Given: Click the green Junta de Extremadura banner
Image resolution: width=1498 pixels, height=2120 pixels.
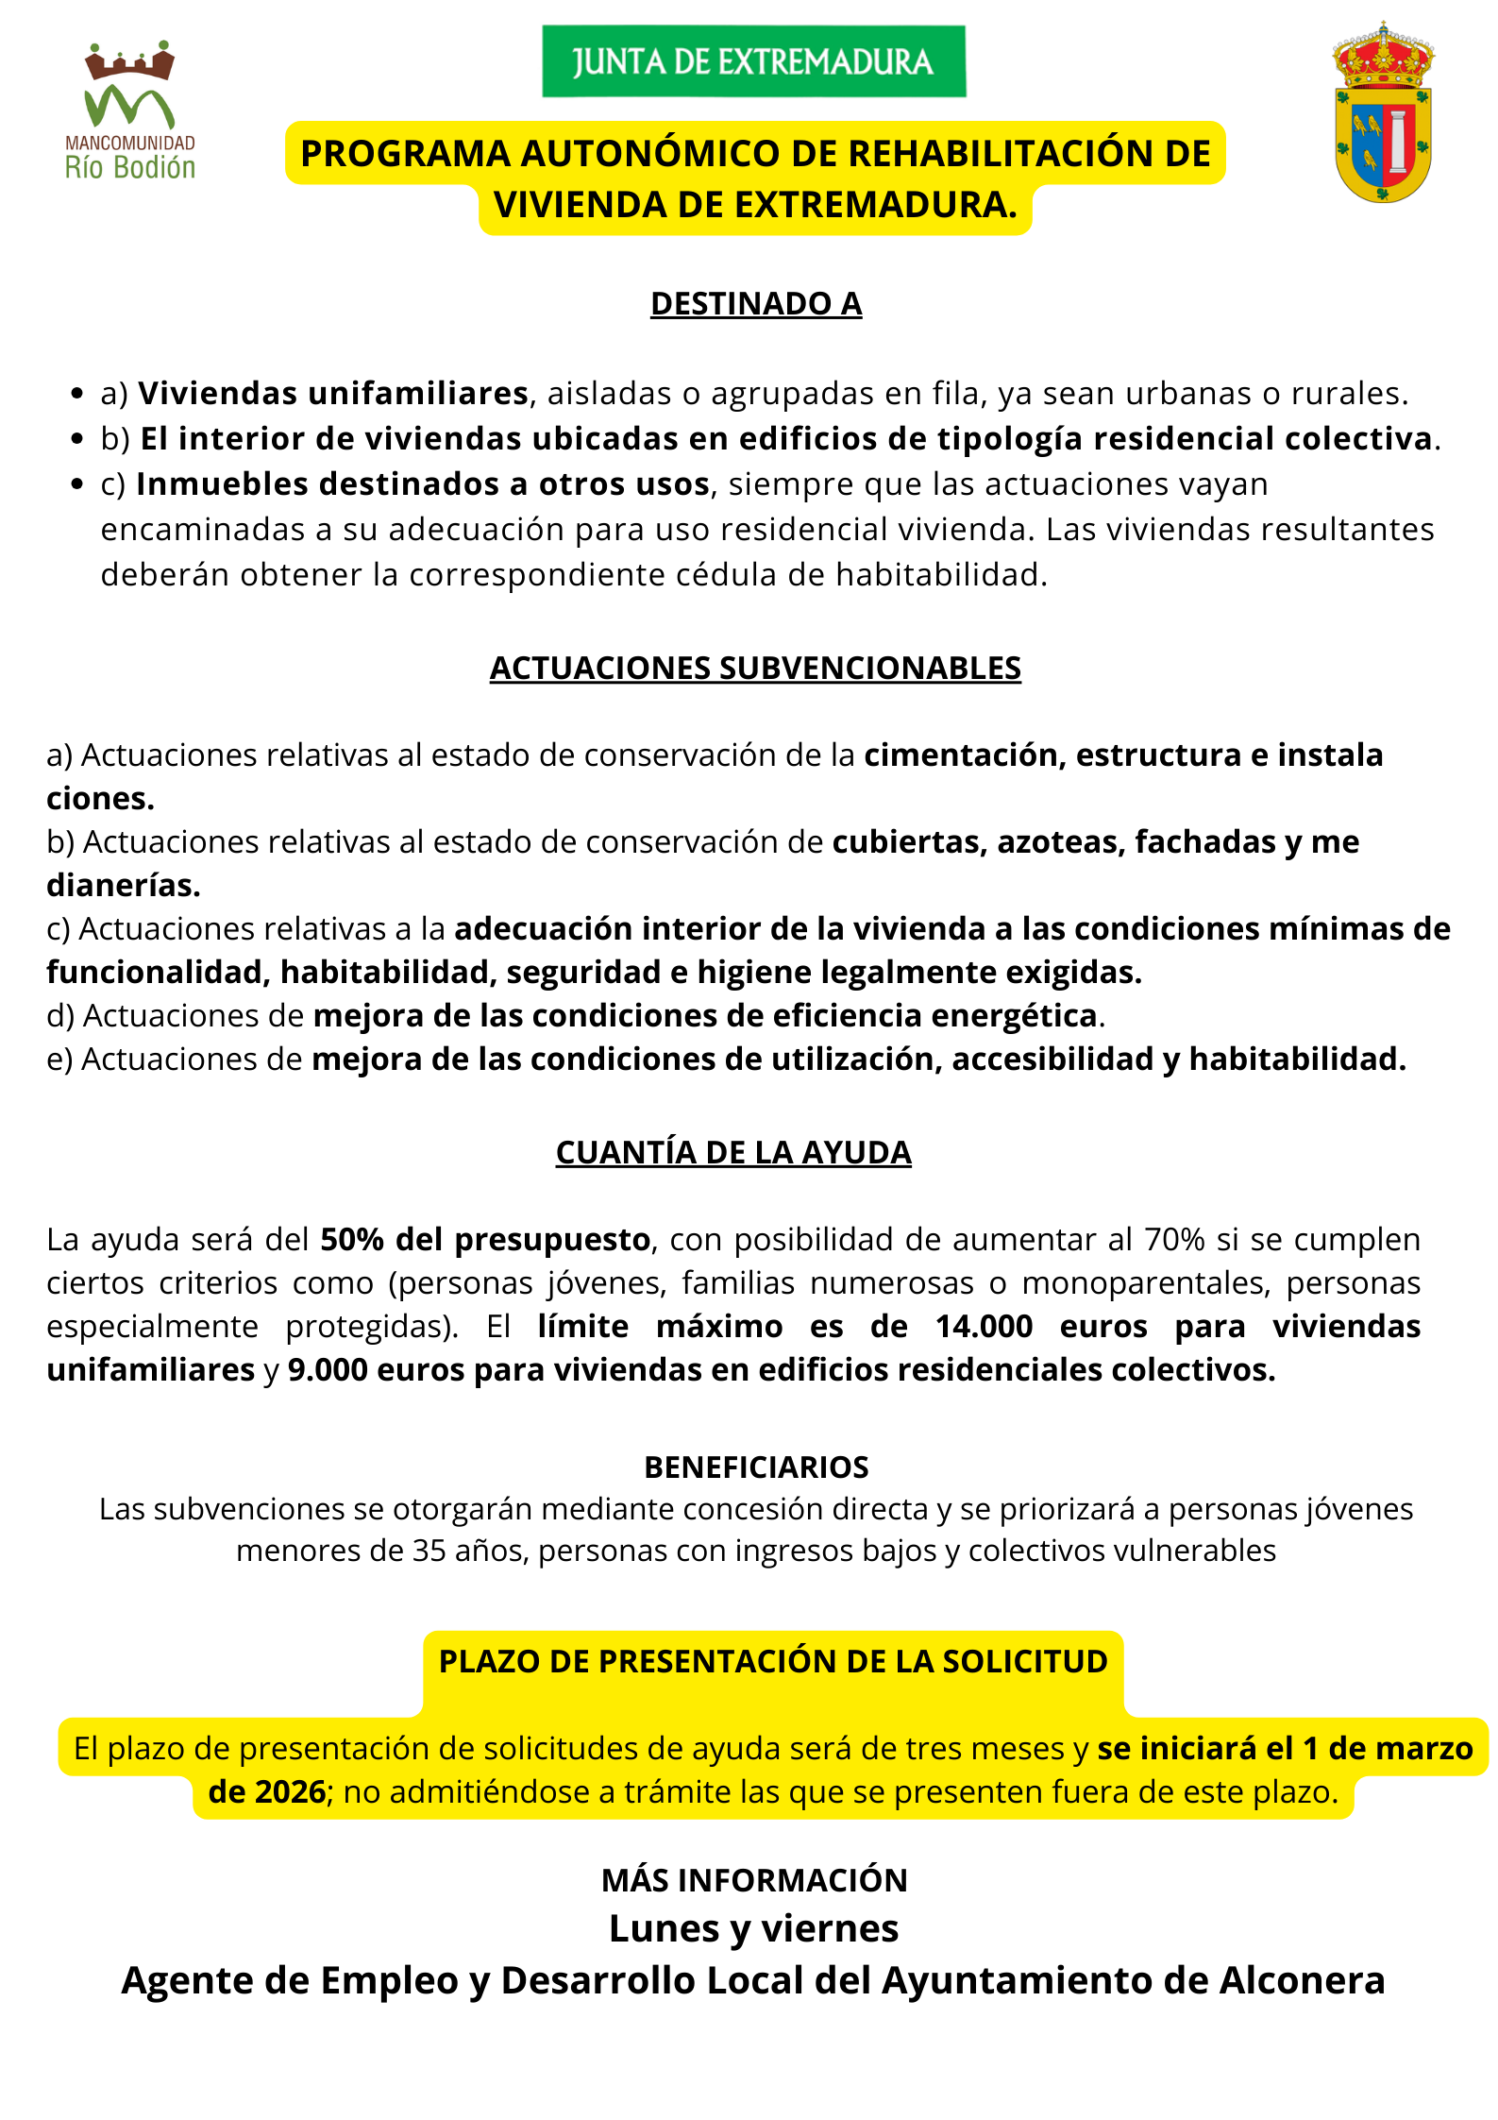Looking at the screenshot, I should pyautogui.click(x=753, y=61).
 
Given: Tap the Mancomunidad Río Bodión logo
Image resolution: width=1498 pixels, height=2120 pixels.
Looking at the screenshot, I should pyautogui.click(x=130, y=110).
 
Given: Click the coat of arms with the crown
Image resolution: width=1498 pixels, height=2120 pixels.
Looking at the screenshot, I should pyautogui.click(x=1383, y=113).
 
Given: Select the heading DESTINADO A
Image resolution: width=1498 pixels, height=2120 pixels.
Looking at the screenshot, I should pyautogui.click(x=756, y=304).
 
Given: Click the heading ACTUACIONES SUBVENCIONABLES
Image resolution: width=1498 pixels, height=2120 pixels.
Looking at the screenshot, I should pyautogui.click(x=755, y=668).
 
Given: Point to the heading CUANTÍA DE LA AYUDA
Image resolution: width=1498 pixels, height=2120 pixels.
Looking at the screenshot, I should pyautogui.click(x=733, y=1152).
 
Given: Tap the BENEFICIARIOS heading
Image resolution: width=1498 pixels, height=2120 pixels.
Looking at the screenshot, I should pyautogui.click(x=756, y=1467).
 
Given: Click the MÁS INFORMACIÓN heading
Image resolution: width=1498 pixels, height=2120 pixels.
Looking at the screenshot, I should pyautogui.click(x=754, y=1880).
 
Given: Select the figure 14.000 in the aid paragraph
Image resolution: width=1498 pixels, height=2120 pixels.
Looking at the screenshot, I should pyautogui.click(x=984, y=1326).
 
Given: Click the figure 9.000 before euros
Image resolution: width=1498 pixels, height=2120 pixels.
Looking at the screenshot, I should pyautogui.click(x=328, y=1369).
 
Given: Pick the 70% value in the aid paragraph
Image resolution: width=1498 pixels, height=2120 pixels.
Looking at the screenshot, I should pyautogui.click(x=1174, y=1239).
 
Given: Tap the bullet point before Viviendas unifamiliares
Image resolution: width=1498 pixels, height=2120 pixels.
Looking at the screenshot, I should pyautogui.click(x=77, y=394).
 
